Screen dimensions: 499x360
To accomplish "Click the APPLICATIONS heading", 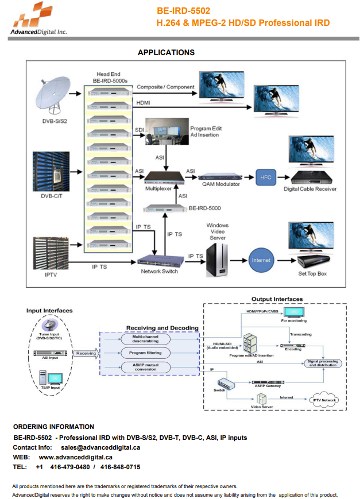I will click(x=166, y=53).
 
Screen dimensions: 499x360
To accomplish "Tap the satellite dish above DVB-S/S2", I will click(x=51, y=92).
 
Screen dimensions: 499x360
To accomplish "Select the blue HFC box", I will click(x=266, y=177).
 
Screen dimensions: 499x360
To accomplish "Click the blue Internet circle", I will click(x=261, y=260).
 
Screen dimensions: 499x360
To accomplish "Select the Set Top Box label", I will click(x=312, y=273).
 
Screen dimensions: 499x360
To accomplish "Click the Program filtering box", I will click(x=145, y=353).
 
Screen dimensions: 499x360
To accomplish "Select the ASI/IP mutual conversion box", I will click(x=145, y=367).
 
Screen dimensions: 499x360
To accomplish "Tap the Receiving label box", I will click(x=86, y=354).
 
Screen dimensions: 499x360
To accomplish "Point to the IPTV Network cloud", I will click(x=325, y=400).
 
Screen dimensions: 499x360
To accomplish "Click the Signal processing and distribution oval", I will click(x=323, y=363).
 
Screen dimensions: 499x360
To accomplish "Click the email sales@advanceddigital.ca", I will click(x=100, y=447).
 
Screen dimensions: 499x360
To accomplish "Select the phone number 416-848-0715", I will click(x=120, y=467).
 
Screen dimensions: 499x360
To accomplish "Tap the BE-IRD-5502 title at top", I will click(x=184, y=11).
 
